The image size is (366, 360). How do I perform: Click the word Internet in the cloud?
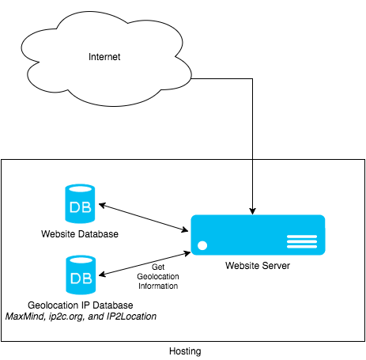pos(104,57)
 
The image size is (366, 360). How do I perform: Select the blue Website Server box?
pos(256,234)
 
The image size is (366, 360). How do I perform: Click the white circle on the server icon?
pos(202,244)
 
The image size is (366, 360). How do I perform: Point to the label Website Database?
pos(80,234)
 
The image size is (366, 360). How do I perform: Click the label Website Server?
pos(258,266)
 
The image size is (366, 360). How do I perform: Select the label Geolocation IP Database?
pos(80,305)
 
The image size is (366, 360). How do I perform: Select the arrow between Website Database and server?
pos(142,217)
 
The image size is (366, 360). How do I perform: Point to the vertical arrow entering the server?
pos(252,186)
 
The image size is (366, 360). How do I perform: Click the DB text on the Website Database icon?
pos(80,208)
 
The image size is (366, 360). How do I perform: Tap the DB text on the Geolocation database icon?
pos(80,279)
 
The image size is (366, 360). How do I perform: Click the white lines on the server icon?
pos(301,241)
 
